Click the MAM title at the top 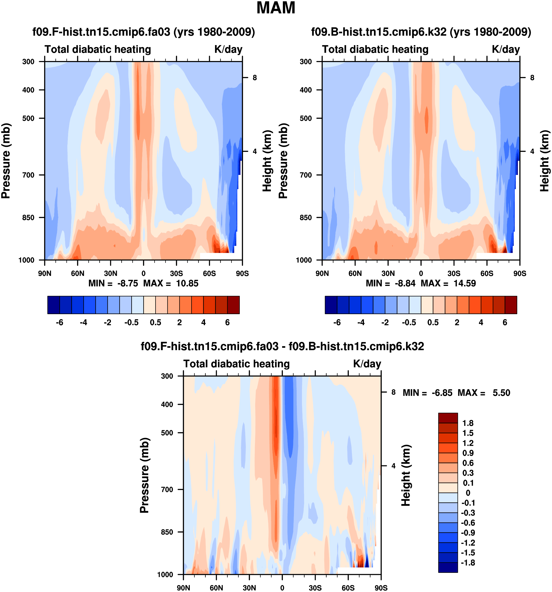click(276, 8)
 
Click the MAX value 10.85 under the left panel click(187, 283)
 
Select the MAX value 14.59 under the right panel click(465, 283)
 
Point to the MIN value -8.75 click(128, 283)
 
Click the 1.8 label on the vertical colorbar click(468, 423)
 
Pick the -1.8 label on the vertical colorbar click(468, 563)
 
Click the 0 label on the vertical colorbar click(468, 493)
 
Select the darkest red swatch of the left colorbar click(233, 305)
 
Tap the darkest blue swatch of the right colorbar click(331, 305)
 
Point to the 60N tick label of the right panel click(355, 273)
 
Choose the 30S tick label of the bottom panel click(315, 588)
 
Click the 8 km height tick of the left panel click(255, 78)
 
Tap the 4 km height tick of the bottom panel click(393, 466)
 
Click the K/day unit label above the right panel click(505, 49)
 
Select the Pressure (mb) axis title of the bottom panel click(144, 475)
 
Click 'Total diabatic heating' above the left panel click(98, 49)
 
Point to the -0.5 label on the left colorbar click(132, 322)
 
